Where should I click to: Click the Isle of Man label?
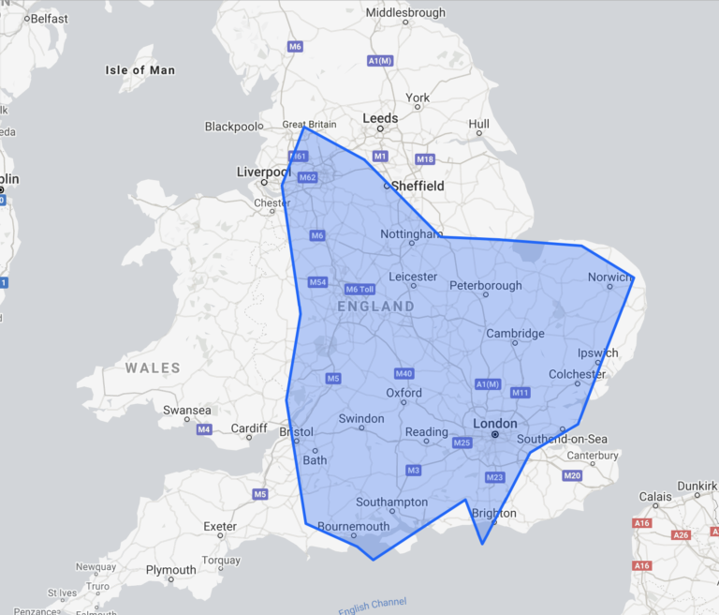click(x=139, y=70)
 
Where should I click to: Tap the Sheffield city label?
click(x=418, y=186)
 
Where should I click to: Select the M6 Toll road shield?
click(x=359, y=289)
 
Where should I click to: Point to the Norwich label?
click(x=609, y=277)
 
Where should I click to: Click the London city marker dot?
click(x=495, y=435)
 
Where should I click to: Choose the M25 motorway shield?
click(x=462, y=442)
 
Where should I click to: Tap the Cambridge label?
click(x=515, y=333)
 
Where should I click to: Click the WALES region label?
click(x=153, y=368)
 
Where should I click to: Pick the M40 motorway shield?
click(x=404, y=373)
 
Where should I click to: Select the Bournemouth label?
click(x=353, y=526)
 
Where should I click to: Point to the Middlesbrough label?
click(x=405, y=13)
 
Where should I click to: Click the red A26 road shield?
click(x=682, y=534)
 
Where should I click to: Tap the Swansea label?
click(x=186, y=410)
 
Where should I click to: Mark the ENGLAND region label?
click(x=375, y=307)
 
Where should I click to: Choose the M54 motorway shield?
click(x=317, y=282)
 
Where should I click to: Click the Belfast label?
click(x=49, y=18)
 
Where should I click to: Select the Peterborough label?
click(x=486, y=285)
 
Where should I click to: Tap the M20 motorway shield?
click(x=572, y=476)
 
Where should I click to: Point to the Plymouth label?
click(x=170, y=570)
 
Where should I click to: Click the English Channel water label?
click(x=373, y=606)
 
